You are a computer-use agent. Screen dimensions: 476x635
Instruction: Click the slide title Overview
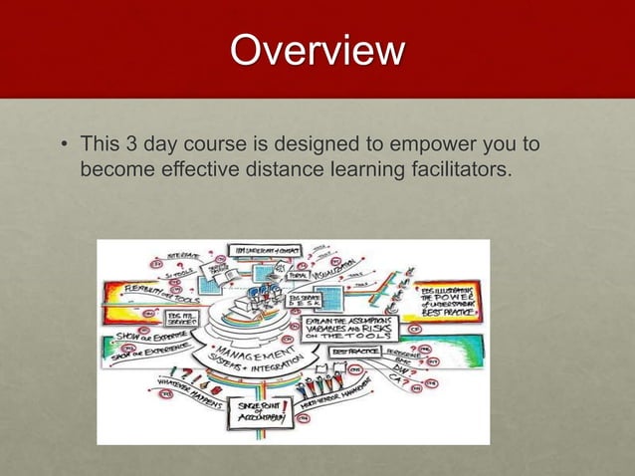(x=317, y=51)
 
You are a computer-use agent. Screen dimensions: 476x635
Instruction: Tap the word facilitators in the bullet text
(x=457, y=170)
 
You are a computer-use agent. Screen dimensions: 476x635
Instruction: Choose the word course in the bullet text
(x=219, y=145)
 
